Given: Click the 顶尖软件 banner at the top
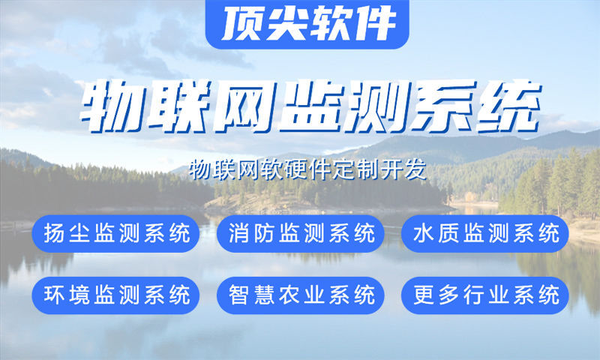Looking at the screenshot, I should (x=307, y=24).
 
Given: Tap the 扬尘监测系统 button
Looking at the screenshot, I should (x=116, y=234).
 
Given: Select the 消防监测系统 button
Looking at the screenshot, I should (x=301, y=234).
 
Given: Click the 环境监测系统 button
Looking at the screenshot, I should (x=116, y=295).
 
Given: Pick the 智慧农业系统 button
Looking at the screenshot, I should (x=301, y=295).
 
